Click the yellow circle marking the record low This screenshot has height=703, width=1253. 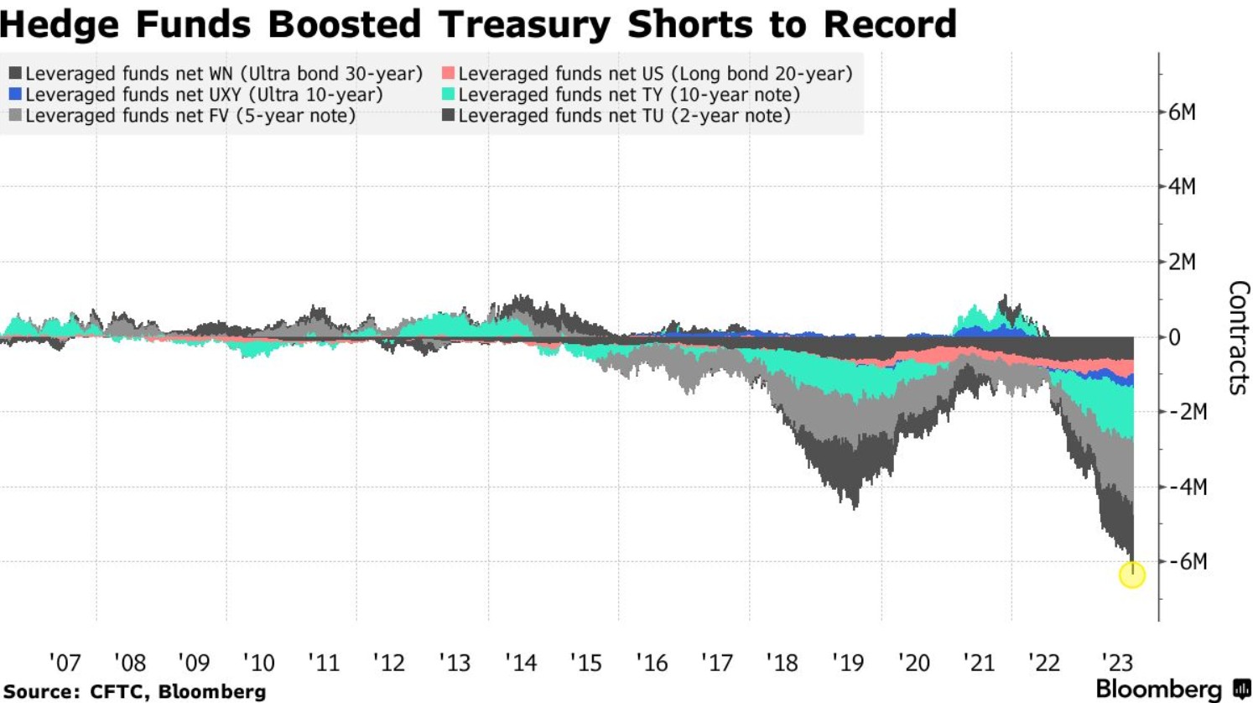click(1132, 575)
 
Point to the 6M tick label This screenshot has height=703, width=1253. click(1183, 112)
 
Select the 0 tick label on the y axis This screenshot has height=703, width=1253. click(1175, 337)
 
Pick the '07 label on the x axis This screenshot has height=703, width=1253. click(65, 663)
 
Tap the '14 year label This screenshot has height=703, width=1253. click(520, 663)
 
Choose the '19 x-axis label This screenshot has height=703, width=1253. click(847, 663)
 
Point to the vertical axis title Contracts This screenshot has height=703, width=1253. click(1239, 337)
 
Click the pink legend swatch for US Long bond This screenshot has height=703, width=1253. click(448, 74)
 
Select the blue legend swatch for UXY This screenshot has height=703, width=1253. click(15, 95)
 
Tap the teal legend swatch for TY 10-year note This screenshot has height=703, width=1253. click(448, 95)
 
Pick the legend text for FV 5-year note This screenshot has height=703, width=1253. click(190, 116)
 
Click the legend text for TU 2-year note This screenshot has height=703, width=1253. click(624, 116)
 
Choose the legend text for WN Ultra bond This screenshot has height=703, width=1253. click(224, 74)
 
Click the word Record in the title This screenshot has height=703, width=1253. click(890, 23)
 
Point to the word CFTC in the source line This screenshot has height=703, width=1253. click(113, 692)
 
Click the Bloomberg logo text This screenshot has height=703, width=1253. click(1158, 690)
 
